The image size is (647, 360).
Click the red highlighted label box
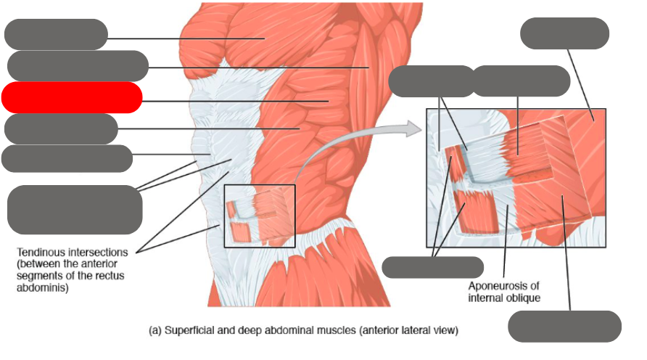[x=71, y=97]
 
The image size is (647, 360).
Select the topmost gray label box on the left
[x=56, y=34]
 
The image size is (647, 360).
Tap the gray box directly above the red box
[x=78, y=65]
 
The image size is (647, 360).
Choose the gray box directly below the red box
[x=61, y=129]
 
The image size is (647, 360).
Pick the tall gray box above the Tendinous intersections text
[x=75, y=209]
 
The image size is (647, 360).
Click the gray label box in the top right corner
[x=564, y=33]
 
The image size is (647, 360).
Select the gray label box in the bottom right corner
[x=564, y=326]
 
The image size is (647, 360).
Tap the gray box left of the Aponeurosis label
[x=432, y=267]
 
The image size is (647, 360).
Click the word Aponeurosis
[x=503, y=286]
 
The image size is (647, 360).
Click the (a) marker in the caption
[x=154, y=331]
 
